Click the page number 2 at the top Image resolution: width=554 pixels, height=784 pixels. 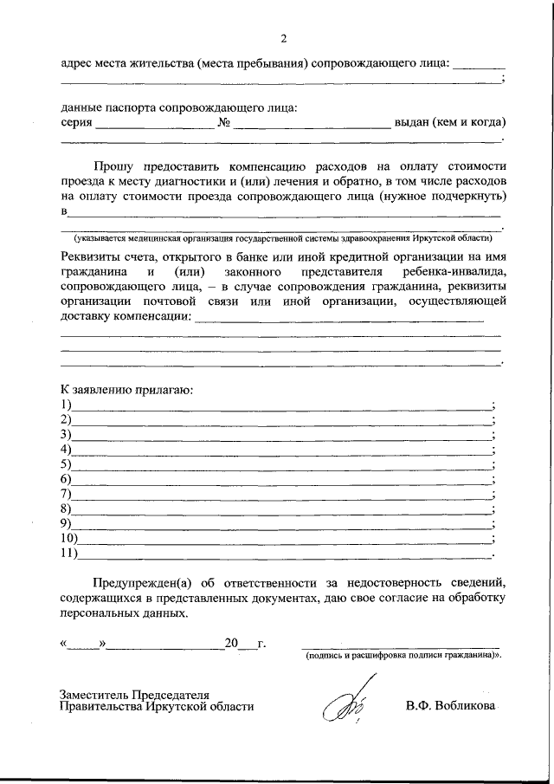282,38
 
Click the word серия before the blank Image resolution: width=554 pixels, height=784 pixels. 76,123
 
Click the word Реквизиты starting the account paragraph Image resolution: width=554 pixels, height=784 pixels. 93,256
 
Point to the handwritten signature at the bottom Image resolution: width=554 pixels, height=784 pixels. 344,704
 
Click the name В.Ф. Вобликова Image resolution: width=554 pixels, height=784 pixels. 451,706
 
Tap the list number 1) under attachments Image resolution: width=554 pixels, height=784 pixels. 66,405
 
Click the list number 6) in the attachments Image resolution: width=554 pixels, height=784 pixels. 66,479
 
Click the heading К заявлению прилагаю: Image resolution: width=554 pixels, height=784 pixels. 126,390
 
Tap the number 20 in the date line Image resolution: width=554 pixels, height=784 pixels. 230,644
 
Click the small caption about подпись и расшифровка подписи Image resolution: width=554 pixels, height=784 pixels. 403,657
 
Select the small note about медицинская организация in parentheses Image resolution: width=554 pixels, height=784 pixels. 282,236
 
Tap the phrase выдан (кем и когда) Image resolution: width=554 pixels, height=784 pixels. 450,123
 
